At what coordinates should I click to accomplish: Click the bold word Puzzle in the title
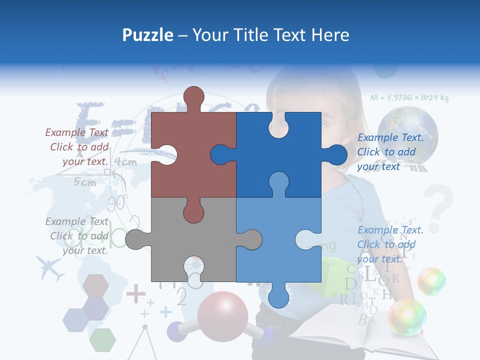148,35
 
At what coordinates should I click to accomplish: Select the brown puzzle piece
192,155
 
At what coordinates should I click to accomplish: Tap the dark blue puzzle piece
278,155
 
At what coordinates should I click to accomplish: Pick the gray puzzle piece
192,240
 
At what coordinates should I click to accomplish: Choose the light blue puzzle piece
278,240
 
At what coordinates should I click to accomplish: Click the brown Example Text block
77,147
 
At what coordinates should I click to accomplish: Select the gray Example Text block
77,236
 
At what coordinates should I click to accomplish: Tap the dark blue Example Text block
390,152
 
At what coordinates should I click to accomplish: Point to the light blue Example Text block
390,244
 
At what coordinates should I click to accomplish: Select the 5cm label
84,182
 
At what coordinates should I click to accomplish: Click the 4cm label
125,162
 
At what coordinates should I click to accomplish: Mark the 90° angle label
118,202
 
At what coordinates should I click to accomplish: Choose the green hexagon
103,339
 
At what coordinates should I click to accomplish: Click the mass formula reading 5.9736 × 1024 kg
409,97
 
